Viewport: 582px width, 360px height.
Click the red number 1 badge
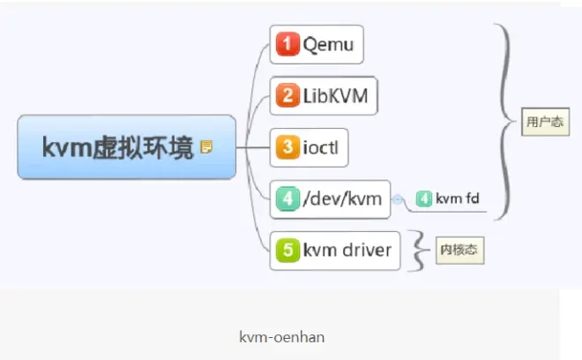click(287, 44)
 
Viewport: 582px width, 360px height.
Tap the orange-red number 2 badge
click(287, 95)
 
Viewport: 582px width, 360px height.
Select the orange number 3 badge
click(287, 147)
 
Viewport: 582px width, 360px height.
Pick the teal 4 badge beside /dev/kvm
click(287, 199)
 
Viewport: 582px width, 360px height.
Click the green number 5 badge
click(287, 250)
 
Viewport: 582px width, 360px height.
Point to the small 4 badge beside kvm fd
click(424, 199)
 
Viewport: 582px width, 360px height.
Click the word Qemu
click(328, 45)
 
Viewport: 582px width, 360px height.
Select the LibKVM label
click(336, 95)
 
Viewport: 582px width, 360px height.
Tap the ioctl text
click(321, 147)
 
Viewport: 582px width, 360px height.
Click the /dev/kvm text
click(342, 199)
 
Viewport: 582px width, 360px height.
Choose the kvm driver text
click(347, 250)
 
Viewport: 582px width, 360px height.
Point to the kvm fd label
click(458, 199)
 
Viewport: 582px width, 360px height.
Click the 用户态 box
click(545, 122)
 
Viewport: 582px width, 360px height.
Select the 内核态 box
click(460, 250)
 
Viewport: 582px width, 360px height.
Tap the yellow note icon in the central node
click(206, 146)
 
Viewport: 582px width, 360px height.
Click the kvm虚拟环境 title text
click(118, 147)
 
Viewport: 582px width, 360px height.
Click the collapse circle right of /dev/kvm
click(397, 199)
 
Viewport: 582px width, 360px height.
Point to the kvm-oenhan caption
click(282, 337)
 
